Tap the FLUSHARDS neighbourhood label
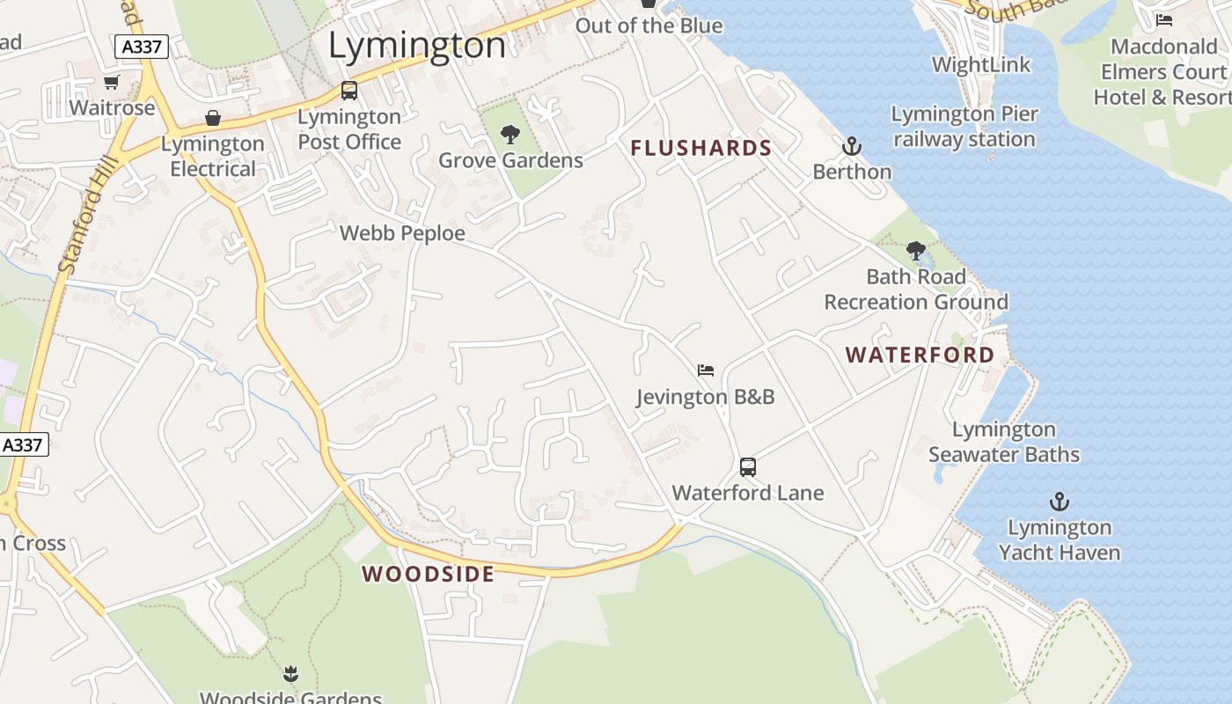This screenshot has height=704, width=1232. pyautogui.click(x=700, y=148)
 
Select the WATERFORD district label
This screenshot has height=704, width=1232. pyautogui.click(x=920, y=355)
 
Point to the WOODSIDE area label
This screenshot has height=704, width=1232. pyautogui.click(x=428, y=575)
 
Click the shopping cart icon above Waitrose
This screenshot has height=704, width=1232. pyautogui.click(x=112, y=83)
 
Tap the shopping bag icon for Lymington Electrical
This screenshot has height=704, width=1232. pyautogui.click(x=212, y=118)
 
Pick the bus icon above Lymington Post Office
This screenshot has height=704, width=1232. pyautogui.click(x=349, y=91)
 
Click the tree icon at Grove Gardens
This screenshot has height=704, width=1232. pyautogui.click(x=510, y=135)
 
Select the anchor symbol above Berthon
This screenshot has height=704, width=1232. pyautogui.click(x=851, y=146)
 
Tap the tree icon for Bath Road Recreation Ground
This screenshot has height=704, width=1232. pyautogui.click(x=916, y=251)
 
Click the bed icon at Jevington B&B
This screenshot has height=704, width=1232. pyautogui.click(x=705, y=370)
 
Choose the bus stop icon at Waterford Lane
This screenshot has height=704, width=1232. pyautogui.click(x=748, y=467)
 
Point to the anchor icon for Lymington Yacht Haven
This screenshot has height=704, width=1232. pyautogui.click(x=1060, y=502)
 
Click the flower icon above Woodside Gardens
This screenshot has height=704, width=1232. pyautogui.click(x=290, y=675)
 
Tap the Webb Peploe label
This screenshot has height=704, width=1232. pyautogui.click(x=402, y=233)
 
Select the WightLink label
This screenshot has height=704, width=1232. pyautogui.click(x=980, y=64)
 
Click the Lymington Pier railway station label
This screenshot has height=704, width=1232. pyautogui.click(x=964, y=127)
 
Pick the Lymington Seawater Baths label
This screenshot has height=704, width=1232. pyautogui.click(x=1004, y=442)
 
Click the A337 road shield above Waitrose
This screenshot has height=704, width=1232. pyautogui.click(x=141, y=47)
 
